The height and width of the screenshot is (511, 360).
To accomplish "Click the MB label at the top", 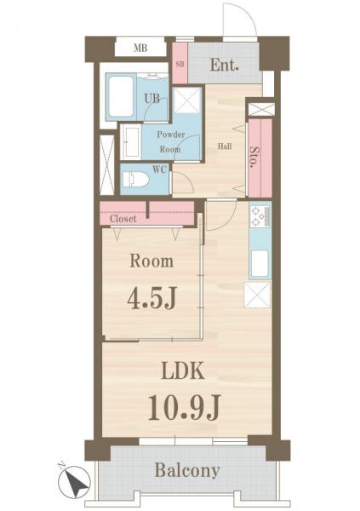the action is pyautogui.click(x=140, y=49).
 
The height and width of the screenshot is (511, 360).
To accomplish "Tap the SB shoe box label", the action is pyautogui.click(x=180, y=64).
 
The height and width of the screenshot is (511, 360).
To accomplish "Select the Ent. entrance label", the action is pyautogui.click(x=225, y=66).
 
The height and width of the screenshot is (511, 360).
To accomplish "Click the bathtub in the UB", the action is pyautogui.click(x=121, y=97).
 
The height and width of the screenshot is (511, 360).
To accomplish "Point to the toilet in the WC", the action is pyautogui.click(x=135, y=180).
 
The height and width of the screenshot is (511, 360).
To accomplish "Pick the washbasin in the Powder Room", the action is pyautogui.click(x=131, y=142).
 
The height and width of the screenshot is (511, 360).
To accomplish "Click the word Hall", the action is pyautogui.click(x=225, y=146).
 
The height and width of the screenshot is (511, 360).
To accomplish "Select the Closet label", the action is pyautogui.click(x=123, y=219).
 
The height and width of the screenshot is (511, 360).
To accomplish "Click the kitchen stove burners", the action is pyautogui.click(x=260, y=216).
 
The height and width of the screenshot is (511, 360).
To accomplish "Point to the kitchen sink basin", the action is pyautogui.click(x=260, y=263).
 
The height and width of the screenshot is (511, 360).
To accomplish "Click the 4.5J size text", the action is pyautogui.click(x=151, y=299).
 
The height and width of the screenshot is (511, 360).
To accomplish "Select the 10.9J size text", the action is pyautogui.click(x=185, y=407).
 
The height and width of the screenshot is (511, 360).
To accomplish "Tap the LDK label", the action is pyautogui.click(x=183, y=370).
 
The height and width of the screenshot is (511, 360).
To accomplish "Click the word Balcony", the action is pyautogui.click(x=187, y=471).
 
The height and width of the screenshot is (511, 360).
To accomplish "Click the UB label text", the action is pyautogui.click(x=152, y=99).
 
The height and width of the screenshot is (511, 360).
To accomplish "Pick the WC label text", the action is pyautogui.click(x=160, y=169).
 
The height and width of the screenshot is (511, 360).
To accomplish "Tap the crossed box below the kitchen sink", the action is pyautogui.click(x=257, y=295).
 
